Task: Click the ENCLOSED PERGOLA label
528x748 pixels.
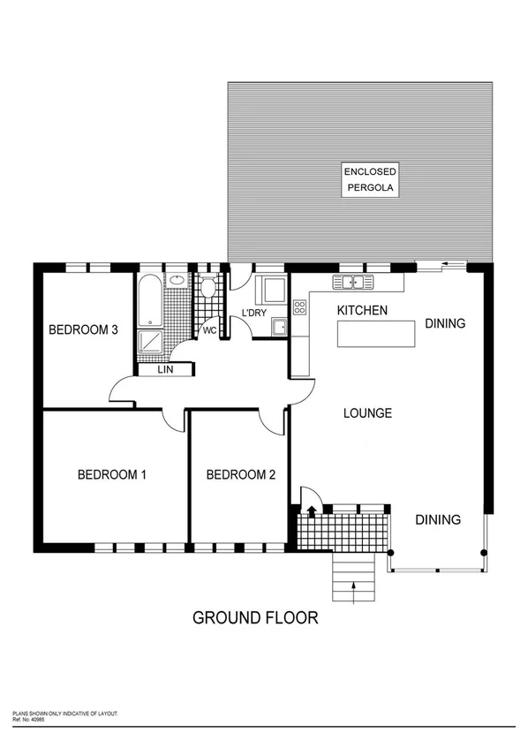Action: point(370,180)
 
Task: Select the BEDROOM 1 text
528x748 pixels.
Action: point(112,474)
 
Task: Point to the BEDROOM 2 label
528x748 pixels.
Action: point(240,474)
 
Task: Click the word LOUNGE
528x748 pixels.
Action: point(367,412)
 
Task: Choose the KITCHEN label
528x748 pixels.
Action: point(362,310)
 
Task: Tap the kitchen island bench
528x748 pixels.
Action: point(375,334)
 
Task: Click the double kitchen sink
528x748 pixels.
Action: point(352,283)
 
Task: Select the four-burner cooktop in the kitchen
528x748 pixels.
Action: point(299,307)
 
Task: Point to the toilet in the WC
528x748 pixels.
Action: point(208,286)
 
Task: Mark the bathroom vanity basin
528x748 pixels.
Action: point(178,281)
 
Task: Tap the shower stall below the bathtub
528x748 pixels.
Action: point(150,344)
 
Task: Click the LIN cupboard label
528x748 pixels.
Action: point(165,370)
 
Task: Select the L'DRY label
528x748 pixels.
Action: point(254,313)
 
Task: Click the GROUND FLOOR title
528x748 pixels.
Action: point(255,617)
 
